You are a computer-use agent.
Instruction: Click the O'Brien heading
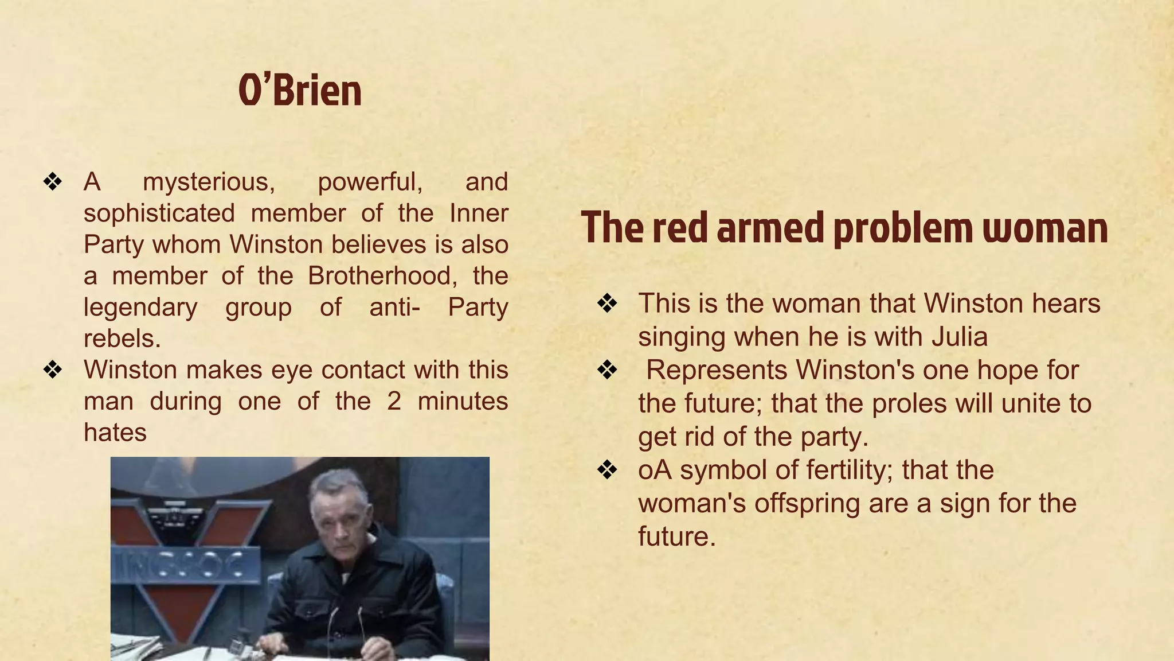tap(300, 91)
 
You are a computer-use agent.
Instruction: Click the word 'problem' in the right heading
tap(903, 228)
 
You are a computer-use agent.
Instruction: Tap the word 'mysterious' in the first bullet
tap(209, 182)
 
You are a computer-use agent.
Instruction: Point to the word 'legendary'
tap(140, 307)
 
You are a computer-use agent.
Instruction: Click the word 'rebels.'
tap(122, 339)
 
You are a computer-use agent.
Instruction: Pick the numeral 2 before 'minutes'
tap(394, 401)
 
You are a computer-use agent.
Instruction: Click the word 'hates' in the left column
tap(115, 433)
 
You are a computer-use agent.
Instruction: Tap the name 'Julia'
tap(960, 337)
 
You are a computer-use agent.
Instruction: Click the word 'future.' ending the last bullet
tap(677, 536)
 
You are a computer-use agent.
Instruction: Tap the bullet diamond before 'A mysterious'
tap(52, 182)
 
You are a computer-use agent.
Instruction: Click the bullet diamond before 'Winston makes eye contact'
tap(52, 370)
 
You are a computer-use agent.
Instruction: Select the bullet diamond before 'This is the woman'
tap(607, 304)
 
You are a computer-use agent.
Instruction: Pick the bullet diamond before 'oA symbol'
tap(607, 471)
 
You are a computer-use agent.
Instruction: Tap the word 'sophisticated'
tap(159, 213)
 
